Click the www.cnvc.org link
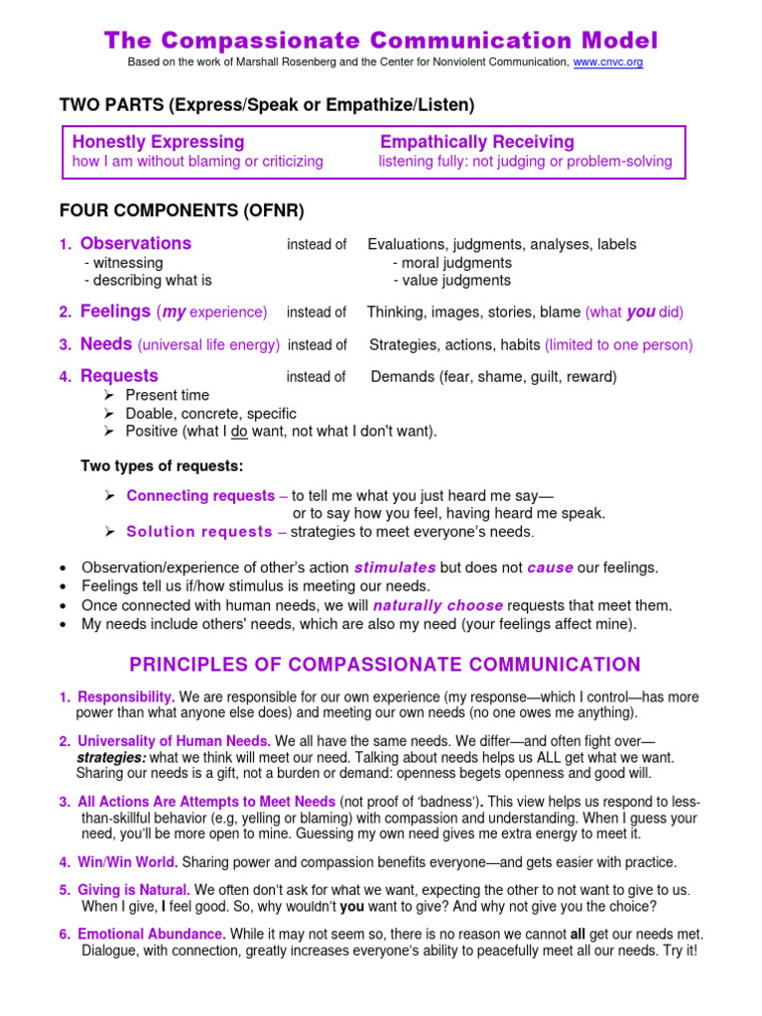(x=608, y=62)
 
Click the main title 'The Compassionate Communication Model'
(x=381, y=40)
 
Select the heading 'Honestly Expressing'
(x=159, y=142)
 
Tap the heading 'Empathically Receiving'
(x=477, y=142)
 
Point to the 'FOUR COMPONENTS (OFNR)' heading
(x=182, y=210)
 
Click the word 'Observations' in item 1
(x=136, y=243)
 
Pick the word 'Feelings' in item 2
(x=115, y=312)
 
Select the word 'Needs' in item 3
(x=106, y=344)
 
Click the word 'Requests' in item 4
(x=119, y=376)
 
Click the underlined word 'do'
(x=239, y=431)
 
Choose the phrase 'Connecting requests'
(x=200, y=495)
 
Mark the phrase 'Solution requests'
(x=199, y=531)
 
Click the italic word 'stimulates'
(x=395, y=568)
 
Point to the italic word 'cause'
(x=551, y=568)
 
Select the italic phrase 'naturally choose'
(x=438, y=605)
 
